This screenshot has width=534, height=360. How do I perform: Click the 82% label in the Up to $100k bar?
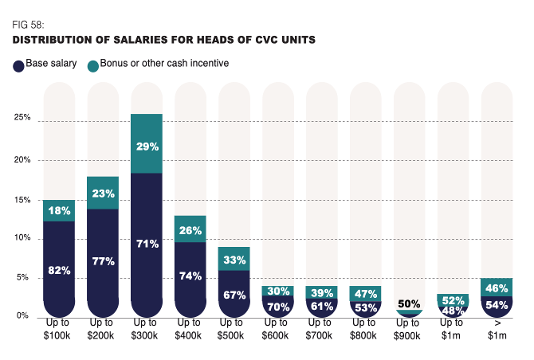(x=60, y=270)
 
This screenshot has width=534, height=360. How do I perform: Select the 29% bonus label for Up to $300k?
(x=147, y=147)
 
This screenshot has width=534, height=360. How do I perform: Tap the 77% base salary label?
(x=104, y=261)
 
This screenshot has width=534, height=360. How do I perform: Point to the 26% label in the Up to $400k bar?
(x=191, y=231)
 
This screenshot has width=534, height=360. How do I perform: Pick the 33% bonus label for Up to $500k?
(x=234, y=260)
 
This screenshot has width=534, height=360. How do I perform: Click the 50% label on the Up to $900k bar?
(x=410, y=303)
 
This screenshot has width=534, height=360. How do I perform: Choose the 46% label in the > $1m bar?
(x=497, y=288)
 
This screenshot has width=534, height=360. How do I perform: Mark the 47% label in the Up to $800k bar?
(x=366, y=292)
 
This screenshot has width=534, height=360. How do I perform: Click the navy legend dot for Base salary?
(x=18, y=67)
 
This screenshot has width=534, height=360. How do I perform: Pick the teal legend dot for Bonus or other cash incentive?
(x=93, y=67)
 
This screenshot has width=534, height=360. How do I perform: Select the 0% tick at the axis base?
(x=24, y=316)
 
